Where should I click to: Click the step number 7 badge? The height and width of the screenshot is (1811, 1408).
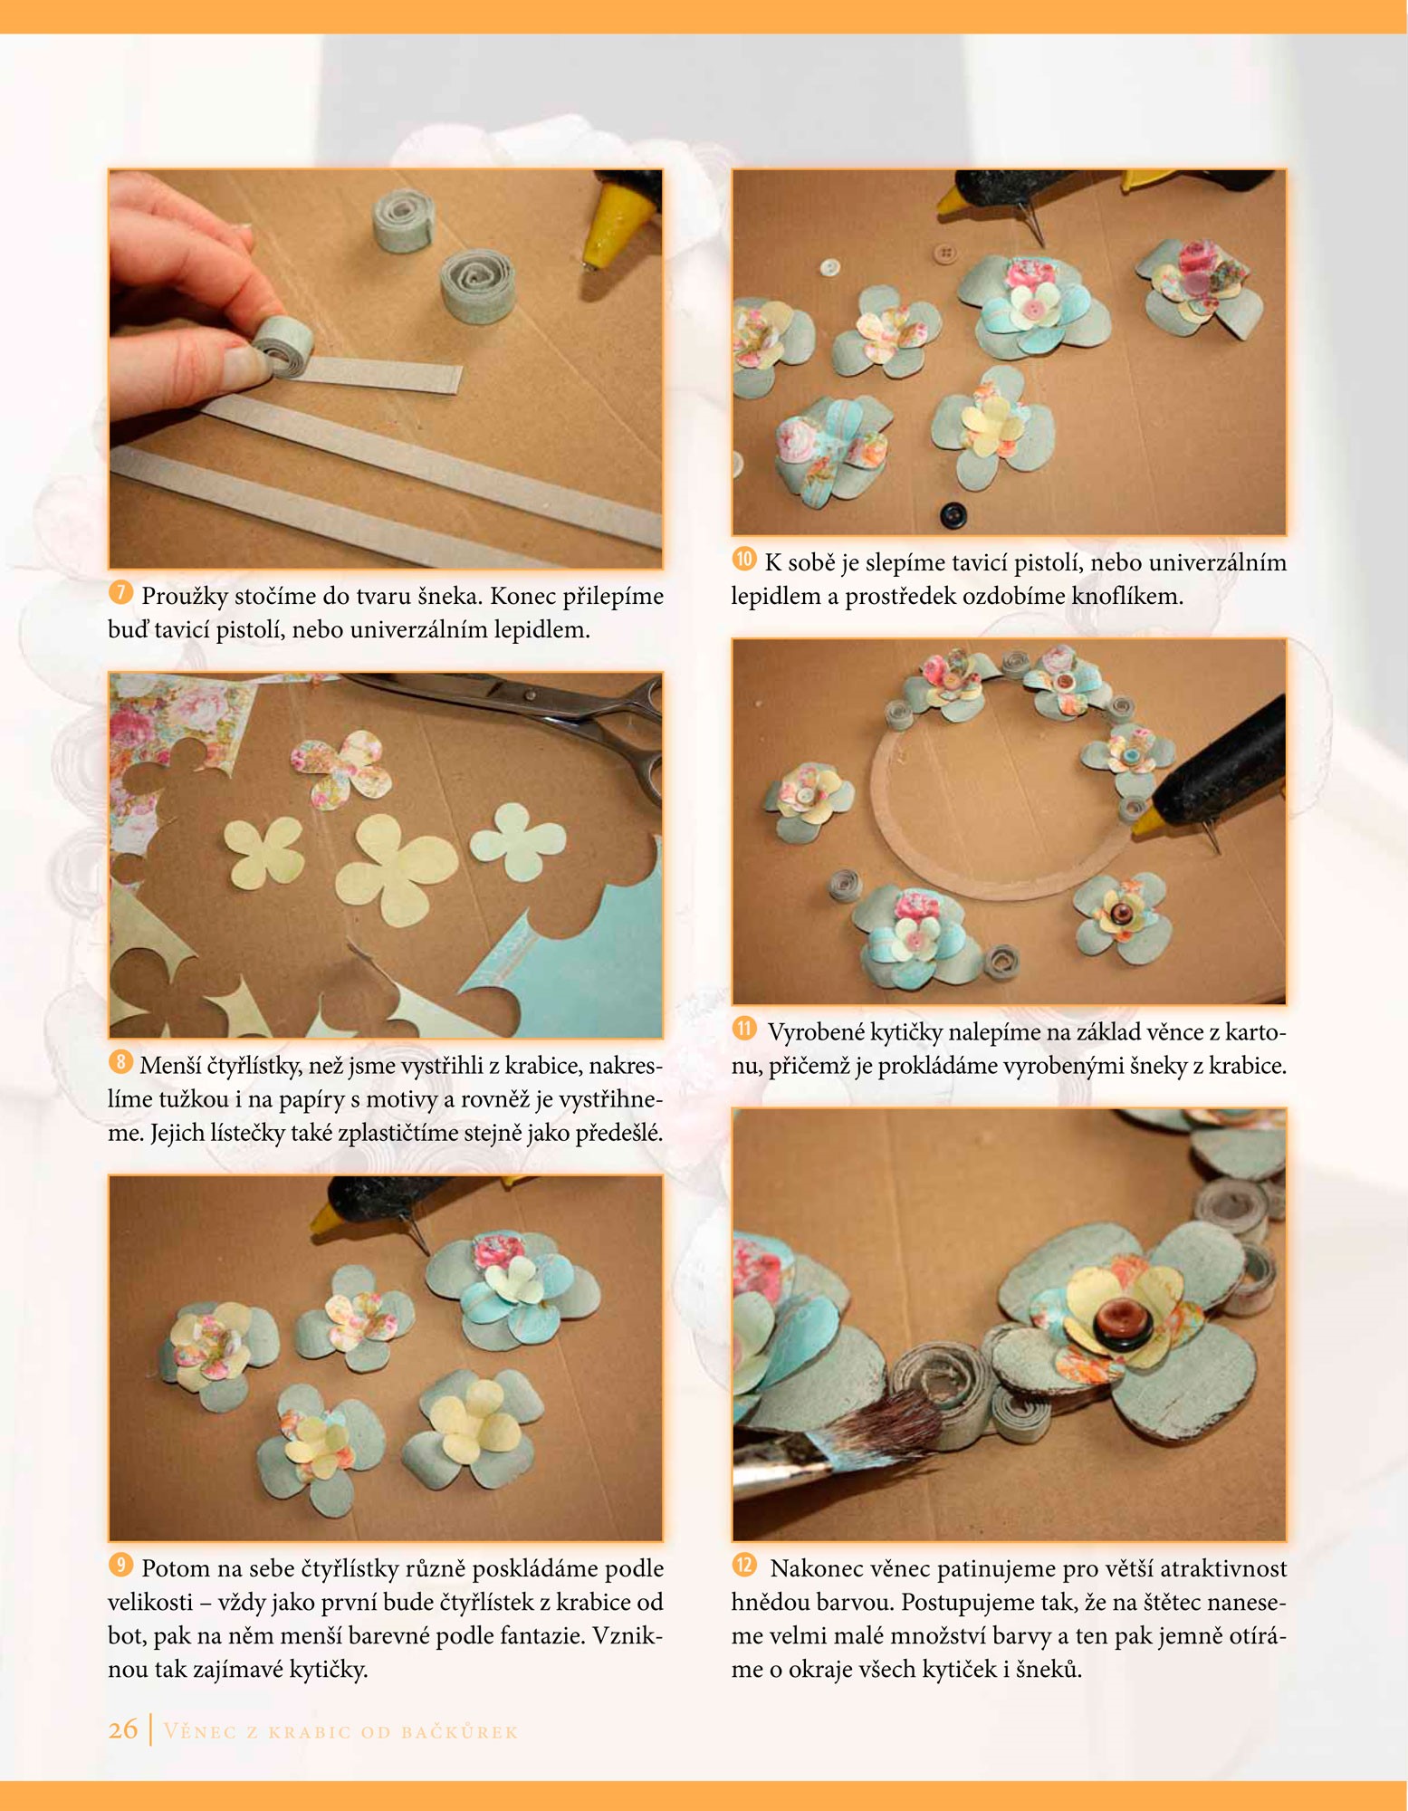120,593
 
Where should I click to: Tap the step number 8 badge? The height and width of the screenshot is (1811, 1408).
120,1062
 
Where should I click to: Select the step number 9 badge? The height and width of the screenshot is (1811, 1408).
120,1566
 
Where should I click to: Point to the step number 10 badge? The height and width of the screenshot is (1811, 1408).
744,560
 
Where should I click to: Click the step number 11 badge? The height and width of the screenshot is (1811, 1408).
744,1029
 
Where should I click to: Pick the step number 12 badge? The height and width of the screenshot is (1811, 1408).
744,1566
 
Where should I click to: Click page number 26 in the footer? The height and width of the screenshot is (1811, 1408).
123,1730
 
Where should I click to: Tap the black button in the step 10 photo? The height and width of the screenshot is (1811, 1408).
953,515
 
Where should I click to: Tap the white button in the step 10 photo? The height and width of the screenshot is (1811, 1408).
829,267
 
